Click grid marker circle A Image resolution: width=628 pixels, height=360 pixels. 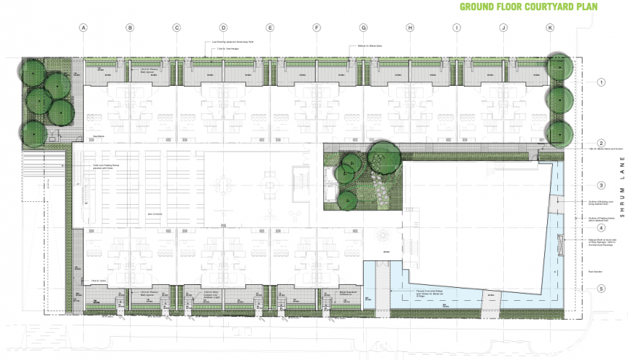[x=83, y=28]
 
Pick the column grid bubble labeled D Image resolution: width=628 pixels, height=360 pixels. [x=223, y=28]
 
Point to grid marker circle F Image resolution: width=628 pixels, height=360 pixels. [x=316, y=28]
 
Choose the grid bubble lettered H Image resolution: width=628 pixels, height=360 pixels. [x=410, y=28]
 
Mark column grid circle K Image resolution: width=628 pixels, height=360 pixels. [x=550, y=28]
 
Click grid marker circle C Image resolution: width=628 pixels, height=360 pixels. [x=176, y=28]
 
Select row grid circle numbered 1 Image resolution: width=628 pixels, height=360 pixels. [x=601, y=83]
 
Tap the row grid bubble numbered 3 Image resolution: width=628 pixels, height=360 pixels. [x=601, y=185]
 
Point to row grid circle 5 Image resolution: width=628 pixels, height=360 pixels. [x=601, y=289]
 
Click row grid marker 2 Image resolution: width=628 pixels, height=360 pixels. [x=601, y=143]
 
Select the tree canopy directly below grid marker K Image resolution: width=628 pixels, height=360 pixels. [x=559, y=68]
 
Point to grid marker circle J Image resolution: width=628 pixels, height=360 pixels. [x=503, y=28]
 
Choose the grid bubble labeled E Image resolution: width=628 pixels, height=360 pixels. [x=270, y=28]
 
